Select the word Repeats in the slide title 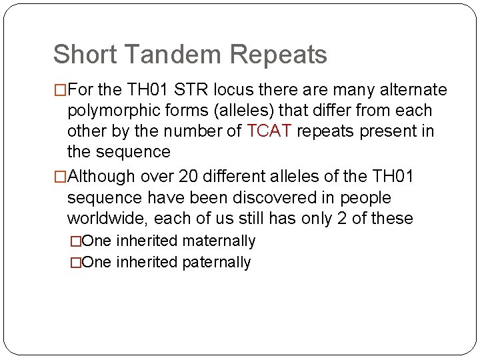click(x=285, y=55)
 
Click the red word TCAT click(x=269, y=131)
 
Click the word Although click(x=103, y=177)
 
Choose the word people click(x=365, y=197)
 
